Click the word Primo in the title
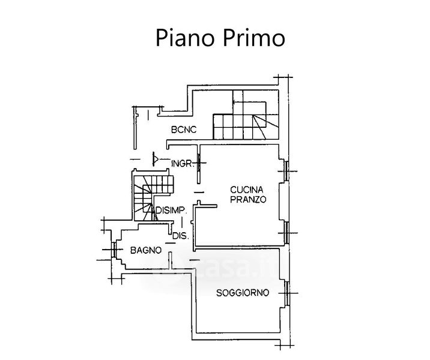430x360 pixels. [249, 38]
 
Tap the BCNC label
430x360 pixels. [183, 129]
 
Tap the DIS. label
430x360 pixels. [180, 236]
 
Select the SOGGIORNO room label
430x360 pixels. [243, 293]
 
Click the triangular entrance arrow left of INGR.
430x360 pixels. [155, 160]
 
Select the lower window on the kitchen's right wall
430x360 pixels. [286, 230]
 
